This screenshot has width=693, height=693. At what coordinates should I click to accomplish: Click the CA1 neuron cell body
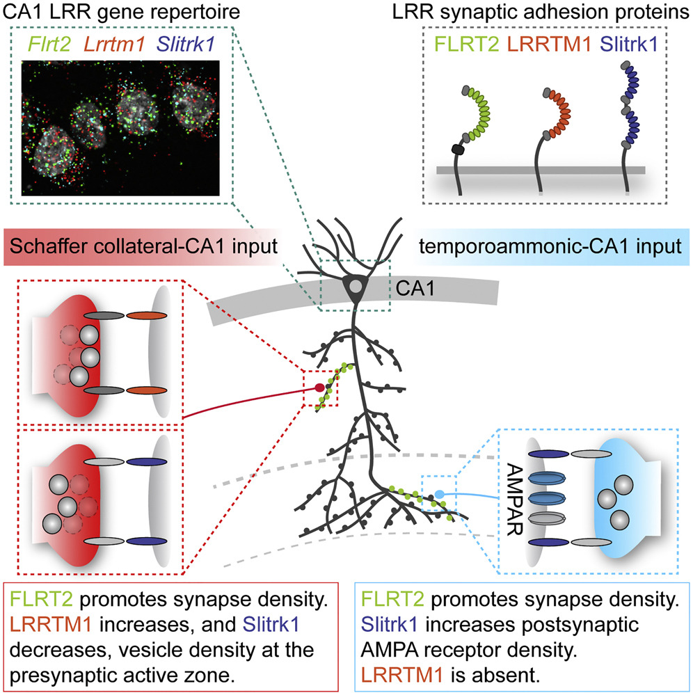pyautogui.click(x=356, y=287)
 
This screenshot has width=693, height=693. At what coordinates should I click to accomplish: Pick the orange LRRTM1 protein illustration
pyautogui.click(x=555, y=115)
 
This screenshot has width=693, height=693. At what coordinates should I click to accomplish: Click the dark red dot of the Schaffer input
pyautogui.click(x=319, y=388)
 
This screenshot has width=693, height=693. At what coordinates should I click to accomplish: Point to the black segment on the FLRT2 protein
pyautogui.click(x=456, y=148)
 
